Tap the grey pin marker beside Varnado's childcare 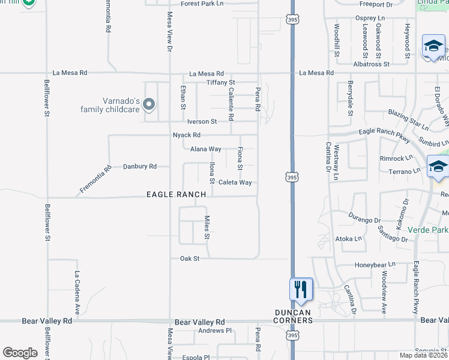(x=149, y=106)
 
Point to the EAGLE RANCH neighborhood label (x=176, y=194)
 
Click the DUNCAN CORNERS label (x=294, y=316)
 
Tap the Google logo (x=20, y=353)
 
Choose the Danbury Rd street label (x=139, y=166)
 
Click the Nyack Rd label (x=186, y=135)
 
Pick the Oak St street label (x=189, y=258)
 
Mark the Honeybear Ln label (x=375, y=263)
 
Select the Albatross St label (x=372, y=63)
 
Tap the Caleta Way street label (x=235, y=182)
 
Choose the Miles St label (x=206, y=227)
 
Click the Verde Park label (x=428, y=230)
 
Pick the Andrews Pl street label (x=215, y=331)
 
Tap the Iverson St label (x=201, y=121)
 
